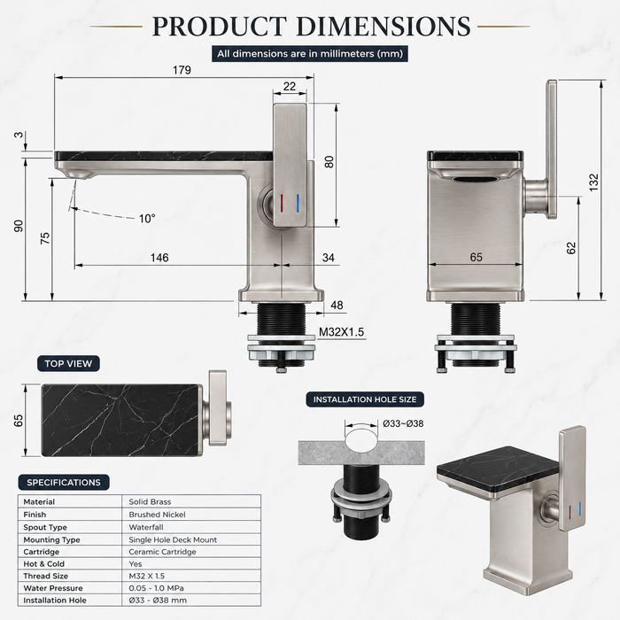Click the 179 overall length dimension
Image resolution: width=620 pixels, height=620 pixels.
click(x=182, y=70)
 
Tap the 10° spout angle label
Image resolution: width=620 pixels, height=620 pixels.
click(x=147, y=219)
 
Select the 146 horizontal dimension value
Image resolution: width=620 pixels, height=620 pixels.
click(x=159, y=258)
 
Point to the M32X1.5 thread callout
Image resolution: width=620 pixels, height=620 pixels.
click(x=341, y=332)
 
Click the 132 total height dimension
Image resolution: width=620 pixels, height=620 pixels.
click(x=593, y=182)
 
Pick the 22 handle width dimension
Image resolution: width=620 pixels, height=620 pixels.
click(x=290, y=86)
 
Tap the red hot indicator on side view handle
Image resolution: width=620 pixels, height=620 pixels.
click(x=281, y=204)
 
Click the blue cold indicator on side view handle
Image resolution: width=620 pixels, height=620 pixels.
click(x=298, y=204)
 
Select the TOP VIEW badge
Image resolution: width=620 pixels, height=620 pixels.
click(x=68, y=364)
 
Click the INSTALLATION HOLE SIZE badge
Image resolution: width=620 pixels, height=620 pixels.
click(x=365, y=399)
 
